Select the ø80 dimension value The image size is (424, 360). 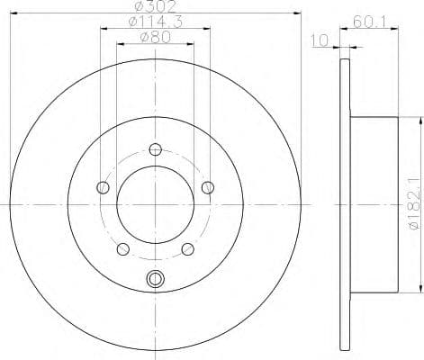pos(156,37)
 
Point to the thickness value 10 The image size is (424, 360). pos(318,40)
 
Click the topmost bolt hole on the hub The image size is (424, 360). pos(156,149)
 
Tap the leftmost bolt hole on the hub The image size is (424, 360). pos(103,187)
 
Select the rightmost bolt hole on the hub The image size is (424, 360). pos(209,187)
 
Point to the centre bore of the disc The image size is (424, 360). pos(156,205)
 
